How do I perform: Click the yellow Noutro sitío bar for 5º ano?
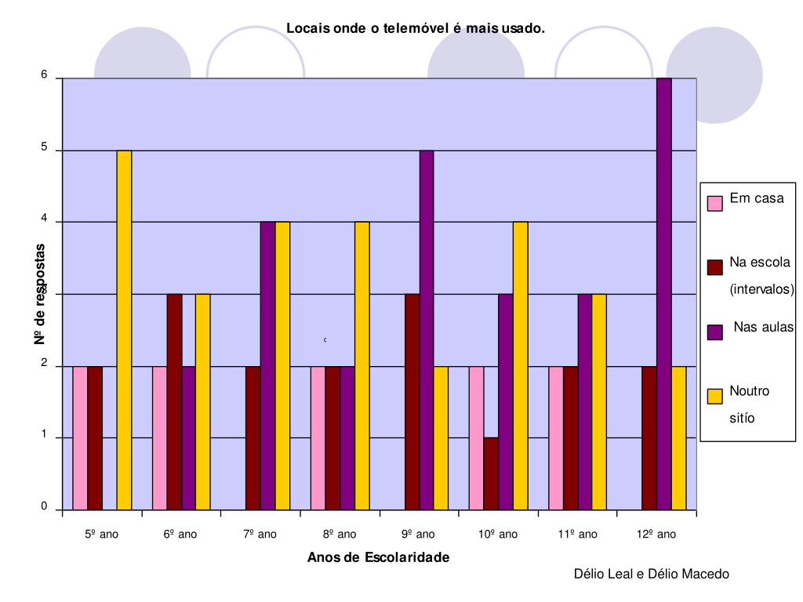(x=124, y=329)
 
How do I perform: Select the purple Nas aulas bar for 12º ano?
(x=664, y=294)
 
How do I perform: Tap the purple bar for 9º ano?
(x=427, y=329)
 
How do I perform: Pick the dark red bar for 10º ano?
(x=491, y=473)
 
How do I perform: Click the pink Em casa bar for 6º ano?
(x=159, y=437)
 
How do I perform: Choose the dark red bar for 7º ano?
(x=253, y=437)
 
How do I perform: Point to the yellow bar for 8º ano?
(x=362, y=365)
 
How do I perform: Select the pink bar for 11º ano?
(x=555, y=437)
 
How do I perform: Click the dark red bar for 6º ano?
(x=174, y=401)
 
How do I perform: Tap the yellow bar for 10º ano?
(x=520, y=365)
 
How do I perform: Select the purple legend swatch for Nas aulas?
(x=714, y=332)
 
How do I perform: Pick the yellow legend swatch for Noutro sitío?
(x=714, y=397)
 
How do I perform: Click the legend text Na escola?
(x=760, y=263)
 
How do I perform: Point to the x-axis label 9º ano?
(x=419, y=535)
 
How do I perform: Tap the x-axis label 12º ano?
(x=656, y=535)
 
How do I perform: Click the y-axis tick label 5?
(x=45, y=148)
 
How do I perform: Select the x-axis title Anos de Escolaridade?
(x=379, y=557)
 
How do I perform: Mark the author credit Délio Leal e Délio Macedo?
(x=651, y=575)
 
